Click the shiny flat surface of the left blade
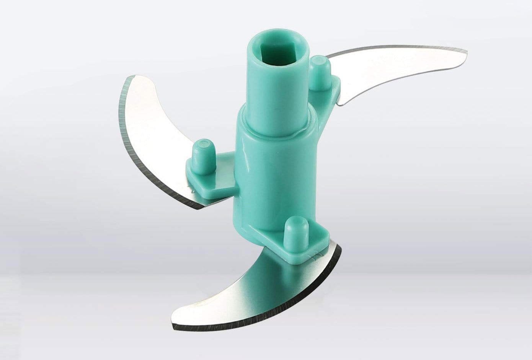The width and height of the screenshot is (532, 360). click(161, 126)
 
